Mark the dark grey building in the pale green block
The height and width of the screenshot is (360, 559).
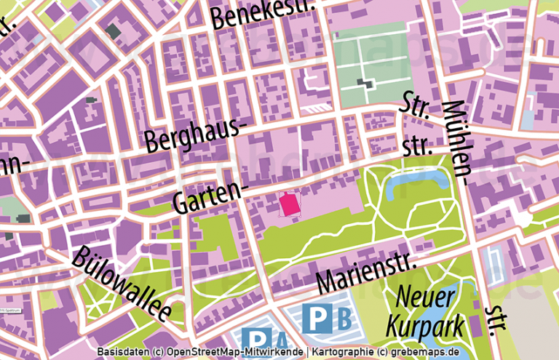(x=369, y=83)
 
